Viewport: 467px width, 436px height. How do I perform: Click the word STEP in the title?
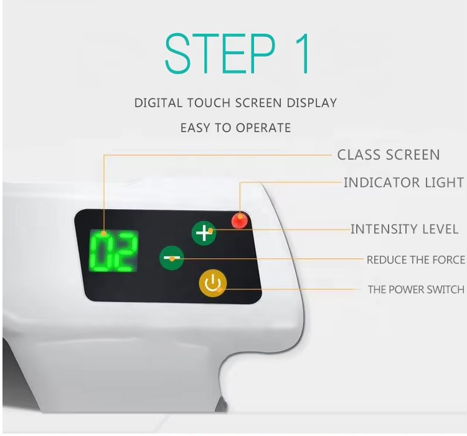220,54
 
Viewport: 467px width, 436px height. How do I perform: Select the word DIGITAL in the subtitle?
158,103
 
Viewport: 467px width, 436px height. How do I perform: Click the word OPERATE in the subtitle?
263,128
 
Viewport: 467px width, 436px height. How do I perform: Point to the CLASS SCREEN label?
389,155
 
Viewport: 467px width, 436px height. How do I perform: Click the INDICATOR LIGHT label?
404,182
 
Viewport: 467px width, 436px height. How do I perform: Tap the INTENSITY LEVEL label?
405,229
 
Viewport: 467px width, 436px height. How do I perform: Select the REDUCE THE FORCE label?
416,260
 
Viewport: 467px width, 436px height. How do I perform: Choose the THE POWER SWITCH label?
416,289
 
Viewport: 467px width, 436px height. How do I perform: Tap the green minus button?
172,258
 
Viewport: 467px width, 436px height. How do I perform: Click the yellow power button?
213,284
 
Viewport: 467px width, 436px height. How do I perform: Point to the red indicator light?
240,221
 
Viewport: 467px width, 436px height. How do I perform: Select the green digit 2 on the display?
126,251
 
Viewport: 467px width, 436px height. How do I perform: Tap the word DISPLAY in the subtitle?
311,103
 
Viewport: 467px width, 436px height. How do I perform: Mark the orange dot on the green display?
103,233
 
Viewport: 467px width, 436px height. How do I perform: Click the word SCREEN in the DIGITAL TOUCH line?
258,103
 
